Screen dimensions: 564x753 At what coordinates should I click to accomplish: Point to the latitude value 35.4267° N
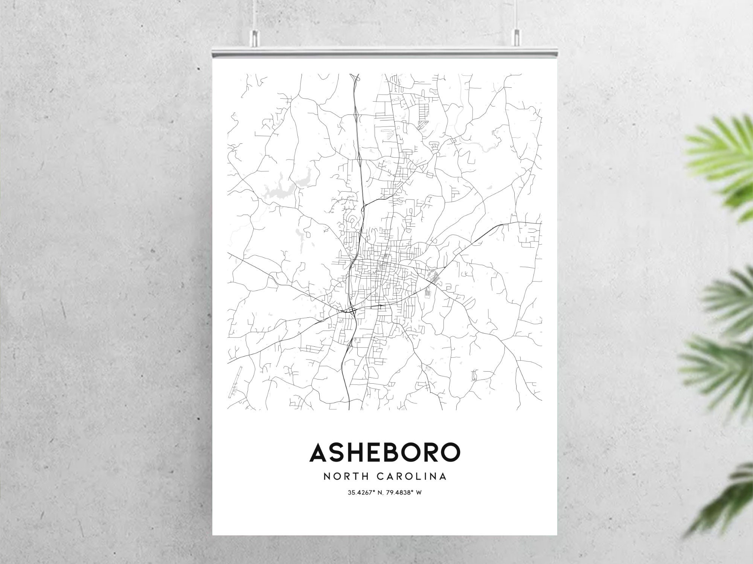pyautogui.click(x=365, y=492)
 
